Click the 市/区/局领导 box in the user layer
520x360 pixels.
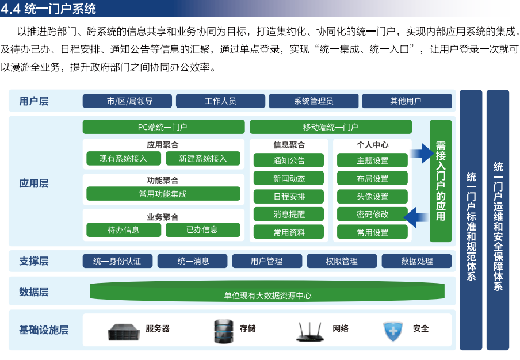coord(127,101)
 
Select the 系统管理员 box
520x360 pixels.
coord(313,101)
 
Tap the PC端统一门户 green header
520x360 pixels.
coord(163,127)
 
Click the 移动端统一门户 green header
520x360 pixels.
coord(331,127)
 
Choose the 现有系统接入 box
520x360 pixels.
coord(124,159)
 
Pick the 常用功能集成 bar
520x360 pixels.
coord(163,194)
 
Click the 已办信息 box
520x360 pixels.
coord(202,229)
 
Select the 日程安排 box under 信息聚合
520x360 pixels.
coord(289,196)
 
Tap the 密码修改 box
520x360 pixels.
coord(372,214)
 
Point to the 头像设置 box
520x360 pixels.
coord(372,196)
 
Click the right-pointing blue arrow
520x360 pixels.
coord(422,153)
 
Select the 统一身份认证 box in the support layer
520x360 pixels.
coord(117,261)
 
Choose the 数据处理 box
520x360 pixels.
coord(416,261)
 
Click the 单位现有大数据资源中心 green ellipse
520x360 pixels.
coord(267,292)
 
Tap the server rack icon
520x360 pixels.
coord(124,332)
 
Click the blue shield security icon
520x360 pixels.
coord(393,331)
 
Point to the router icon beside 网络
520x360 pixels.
coord(309,331)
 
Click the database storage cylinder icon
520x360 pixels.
coord(223,331)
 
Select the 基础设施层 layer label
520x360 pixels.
coord(44,330)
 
